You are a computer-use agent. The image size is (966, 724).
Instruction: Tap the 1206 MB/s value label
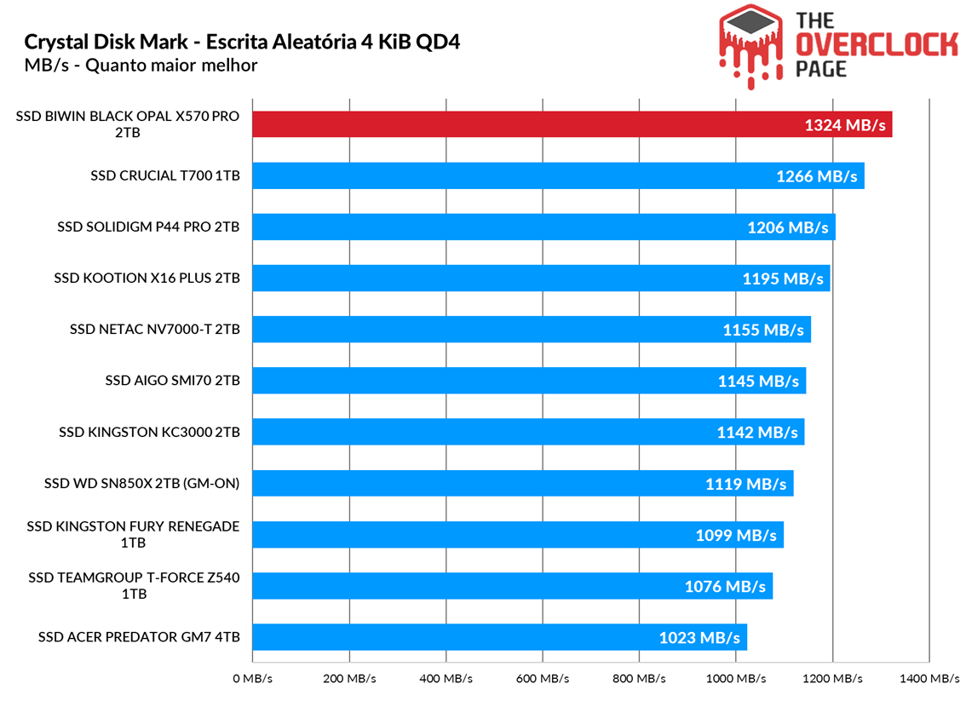click(787, 227)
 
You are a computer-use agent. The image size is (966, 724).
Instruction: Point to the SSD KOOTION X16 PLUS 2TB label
click(147, 279)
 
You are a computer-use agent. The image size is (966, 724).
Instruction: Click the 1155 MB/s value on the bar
click(763, 330)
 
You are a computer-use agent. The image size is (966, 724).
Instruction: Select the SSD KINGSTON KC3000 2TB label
click(149, 432)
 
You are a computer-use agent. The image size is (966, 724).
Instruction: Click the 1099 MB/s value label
click(736, 535)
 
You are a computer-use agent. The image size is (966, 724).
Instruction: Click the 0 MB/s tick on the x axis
click(252, 679)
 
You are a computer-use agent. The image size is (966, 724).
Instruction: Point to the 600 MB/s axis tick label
click(543, 679)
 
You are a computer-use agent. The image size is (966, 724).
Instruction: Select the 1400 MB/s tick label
click(929, 679)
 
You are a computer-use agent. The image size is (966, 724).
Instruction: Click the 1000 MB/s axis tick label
click(736, 679)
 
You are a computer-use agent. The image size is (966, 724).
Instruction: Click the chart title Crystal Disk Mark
click(242, 42)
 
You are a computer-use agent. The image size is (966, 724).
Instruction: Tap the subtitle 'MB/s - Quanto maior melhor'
click(141, 65)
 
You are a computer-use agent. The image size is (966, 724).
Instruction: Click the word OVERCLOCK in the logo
click(877, 45)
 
